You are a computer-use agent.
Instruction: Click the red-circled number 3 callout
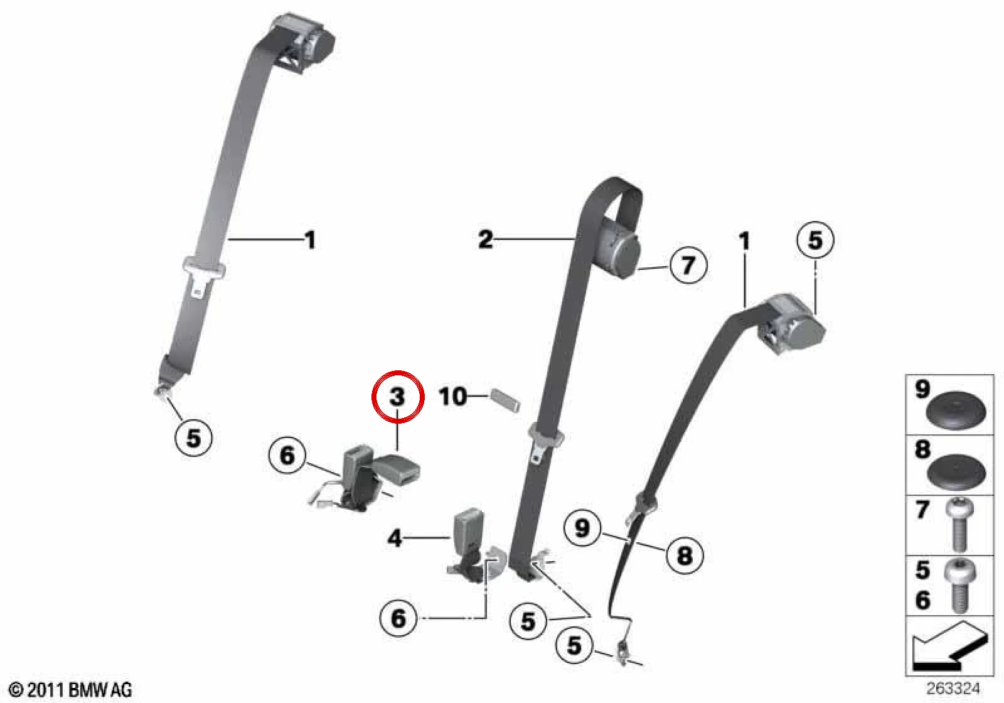(x=398, y=397)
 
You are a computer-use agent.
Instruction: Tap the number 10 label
(x=453, y=397)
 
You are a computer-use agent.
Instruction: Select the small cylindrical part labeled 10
(x=506, y=400)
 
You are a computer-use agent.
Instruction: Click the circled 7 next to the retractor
(x=688, y=265)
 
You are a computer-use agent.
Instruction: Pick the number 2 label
(x=486, y=239)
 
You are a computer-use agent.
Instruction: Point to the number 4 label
(x=395, y=538)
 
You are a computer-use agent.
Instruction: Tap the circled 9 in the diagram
(x=582, y=528)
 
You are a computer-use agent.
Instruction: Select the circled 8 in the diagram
(x=685, y=556)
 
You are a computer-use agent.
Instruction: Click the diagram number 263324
(x=953, y=688)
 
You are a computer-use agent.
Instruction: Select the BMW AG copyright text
(x=70, y=690)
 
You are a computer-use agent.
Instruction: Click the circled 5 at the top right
(x=815, y=240)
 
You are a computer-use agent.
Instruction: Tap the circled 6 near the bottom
(x=398, y=618)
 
